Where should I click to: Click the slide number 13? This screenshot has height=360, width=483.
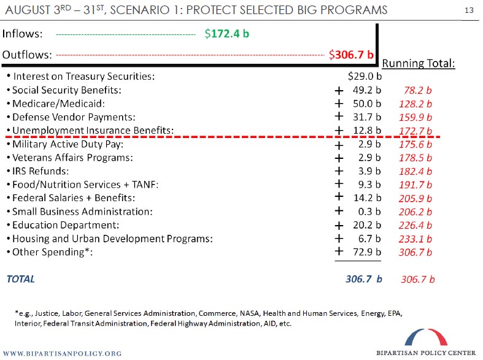pyautogui.click(x=469, y=10)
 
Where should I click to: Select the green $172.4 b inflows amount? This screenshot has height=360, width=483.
pyautogui.click(x=227, y=34)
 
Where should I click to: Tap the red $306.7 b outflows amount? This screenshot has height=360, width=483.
pyautogui.click(x=352, y=54)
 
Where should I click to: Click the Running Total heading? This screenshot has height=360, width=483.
pyautogui.click(x=418, y=63)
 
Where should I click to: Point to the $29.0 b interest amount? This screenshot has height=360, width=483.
pyautogui.click(x=365, y=77)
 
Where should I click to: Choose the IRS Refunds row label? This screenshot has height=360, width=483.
pyautogui.click(x=41, y=171)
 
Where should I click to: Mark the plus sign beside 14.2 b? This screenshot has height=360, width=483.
pyautogui.click(x=338, y=197)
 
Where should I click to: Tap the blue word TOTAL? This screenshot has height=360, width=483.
pyautogui.click(x=20, y=279)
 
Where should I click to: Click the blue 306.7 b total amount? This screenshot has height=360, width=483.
pyautogui.click(x=363, y=279)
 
